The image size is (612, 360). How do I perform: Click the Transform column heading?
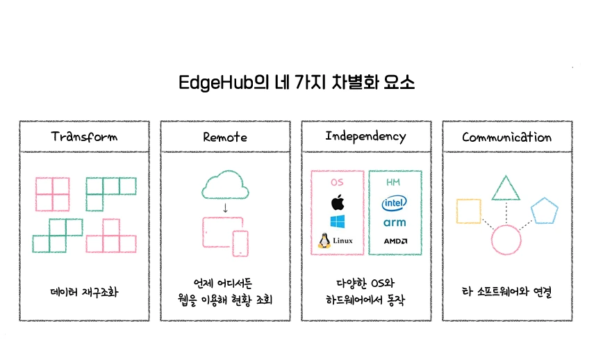pos(84,137)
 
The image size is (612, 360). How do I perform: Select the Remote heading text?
pos(225,137)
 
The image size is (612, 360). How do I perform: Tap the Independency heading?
pos(365,136)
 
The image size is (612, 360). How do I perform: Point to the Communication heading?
pos(506,137)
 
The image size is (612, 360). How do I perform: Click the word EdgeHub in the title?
pos(216,83)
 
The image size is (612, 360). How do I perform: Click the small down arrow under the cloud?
pos(225,208)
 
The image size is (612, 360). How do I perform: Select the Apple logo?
pos(338,202)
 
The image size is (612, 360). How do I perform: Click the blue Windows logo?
pos(337,222)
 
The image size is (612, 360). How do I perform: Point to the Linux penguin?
pos(324,241)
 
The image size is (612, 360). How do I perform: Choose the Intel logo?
pos(394,203)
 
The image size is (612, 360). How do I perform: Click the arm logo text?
pos(395,222)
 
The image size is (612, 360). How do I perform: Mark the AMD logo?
pos(395,241)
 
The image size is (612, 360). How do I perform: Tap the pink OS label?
pos(337,182)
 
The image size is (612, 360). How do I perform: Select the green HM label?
pos(393,182)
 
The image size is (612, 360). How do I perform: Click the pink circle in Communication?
pos(491,240)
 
